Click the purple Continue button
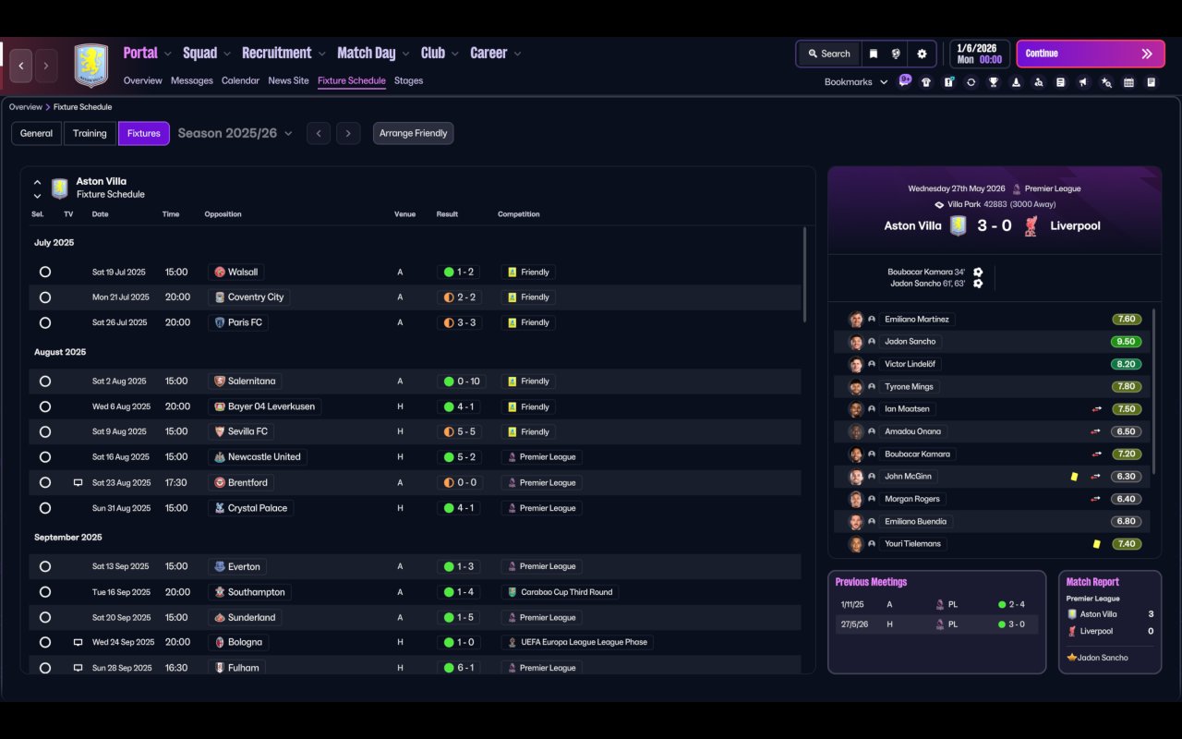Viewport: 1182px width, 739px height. tap(1091, 54)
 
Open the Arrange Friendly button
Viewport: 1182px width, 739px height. tap(413, 133)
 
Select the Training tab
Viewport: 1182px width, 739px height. tap(90, 133)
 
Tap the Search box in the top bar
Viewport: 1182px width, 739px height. tap(829, 54)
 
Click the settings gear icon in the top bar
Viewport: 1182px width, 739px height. tap(922, 54)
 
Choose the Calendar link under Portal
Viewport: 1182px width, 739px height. tap(240, 80)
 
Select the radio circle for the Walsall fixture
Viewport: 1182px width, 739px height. tap(45, 272)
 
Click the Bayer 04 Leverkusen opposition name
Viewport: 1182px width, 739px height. tap(271, 406)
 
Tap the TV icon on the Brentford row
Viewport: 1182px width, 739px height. tap(78, 482)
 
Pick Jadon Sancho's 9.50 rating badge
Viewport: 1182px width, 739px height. tap(1126, 342)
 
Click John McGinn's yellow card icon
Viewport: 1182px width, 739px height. tap(1074, 476)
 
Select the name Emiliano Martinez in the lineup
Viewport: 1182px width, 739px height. tap(917, 319)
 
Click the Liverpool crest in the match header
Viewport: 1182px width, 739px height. tap(1031, 226)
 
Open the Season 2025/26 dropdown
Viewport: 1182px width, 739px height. tap(235, 133)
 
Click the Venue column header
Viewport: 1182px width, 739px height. tap(404, 213)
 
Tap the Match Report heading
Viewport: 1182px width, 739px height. tap(1092, 582)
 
